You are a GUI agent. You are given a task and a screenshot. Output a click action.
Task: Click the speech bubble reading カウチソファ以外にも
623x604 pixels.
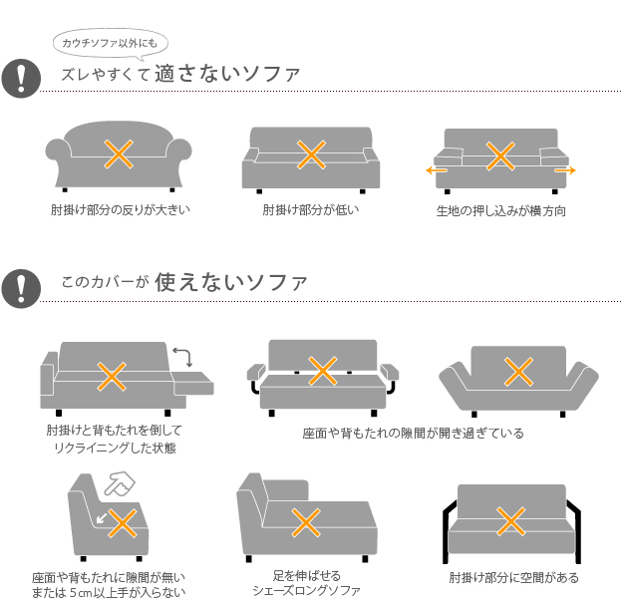(x=110, y=43)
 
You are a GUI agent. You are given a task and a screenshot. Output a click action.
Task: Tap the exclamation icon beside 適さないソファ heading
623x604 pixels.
(x=20, y=78)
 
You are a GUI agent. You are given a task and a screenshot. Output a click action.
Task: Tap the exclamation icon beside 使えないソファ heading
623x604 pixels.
(x=20, y=286)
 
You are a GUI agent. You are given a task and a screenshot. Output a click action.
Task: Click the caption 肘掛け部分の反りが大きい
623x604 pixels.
(x=120, y=210)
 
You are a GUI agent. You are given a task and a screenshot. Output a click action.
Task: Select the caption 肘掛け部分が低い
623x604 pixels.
(x=310, y=210)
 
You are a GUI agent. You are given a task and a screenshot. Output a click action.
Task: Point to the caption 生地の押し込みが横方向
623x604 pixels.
(x=501, y=211)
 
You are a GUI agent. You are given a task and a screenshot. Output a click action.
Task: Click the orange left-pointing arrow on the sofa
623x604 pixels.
(x=436, y=171)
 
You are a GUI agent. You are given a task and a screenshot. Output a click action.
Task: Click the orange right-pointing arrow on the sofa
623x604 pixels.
(x=565, y=171)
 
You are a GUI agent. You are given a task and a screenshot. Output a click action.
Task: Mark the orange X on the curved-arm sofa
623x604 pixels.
(x=119, y=152)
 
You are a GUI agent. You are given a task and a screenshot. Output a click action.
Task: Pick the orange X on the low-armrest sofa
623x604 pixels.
(x=311, y=153)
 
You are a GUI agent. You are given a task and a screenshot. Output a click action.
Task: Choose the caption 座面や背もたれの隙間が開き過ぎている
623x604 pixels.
(x=413, y=434)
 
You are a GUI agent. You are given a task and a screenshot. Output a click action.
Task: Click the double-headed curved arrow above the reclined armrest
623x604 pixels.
(x=181, y=356)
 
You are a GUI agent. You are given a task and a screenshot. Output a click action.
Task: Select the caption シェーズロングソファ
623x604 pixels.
(x=306, y=591)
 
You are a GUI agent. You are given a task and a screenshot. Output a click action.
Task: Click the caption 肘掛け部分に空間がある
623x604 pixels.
(x=513, y=578)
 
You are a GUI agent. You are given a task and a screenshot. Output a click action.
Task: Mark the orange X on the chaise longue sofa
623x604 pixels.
(x=304, y=521)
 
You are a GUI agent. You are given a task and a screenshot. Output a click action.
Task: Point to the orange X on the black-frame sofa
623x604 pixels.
(x=511, y=520)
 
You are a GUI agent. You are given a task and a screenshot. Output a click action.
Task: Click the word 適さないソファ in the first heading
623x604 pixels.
(x=234, y=75)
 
